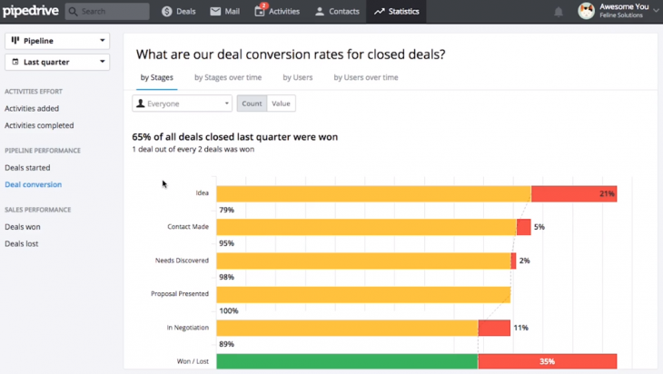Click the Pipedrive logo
30,11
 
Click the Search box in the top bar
106,12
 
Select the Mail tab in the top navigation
227,12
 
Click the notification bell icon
559,12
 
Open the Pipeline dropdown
57,41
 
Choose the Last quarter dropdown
57,62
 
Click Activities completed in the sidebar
39,125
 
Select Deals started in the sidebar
27,168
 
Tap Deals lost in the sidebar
22,243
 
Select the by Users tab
298,78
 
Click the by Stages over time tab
228,78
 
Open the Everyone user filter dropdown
182,103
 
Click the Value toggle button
282,103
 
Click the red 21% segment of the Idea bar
573,193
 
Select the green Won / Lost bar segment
346,361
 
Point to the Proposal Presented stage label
180,294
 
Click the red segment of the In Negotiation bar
493,328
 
